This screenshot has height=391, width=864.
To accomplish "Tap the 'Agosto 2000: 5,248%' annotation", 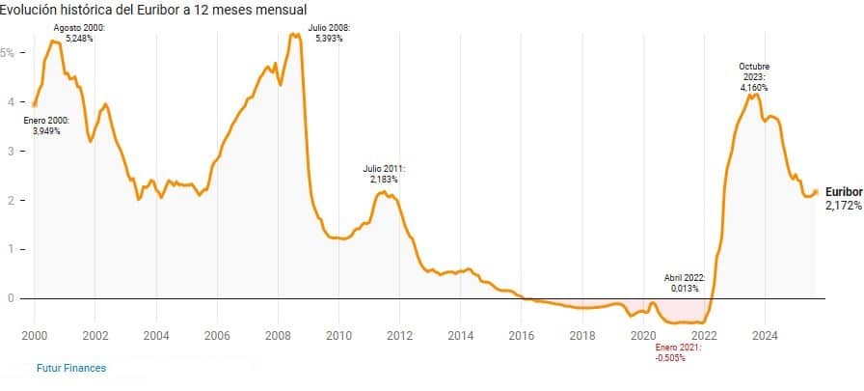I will click(79, 34).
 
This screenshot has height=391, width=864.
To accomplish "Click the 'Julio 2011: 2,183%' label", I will click(383, 174).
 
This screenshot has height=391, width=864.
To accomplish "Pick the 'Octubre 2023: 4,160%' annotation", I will click(754, 76).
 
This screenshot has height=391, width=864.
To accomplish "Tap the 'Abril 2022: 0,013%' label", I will click(685, 282).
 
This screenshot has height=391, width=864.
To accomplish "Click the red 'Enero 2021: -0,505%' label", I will click(679, 351).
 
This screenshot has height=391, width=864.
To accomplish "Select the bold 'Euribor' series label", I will click(844, 192).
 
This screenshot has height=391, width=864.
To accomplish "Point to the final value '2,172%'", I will click(843, 206).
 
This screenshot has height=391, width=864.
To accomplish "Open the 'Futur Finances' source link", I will click(71, 368).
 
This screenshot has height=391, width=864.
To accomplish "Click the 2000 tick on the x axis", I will click(35, 335).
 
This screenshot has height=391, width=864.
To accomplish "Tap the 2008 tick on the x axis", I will click(278, 335).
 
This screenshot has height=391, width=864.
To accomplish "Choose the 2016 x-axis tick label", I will click(522, 335).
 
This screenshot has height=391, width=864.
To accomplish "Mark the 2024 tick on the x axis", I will click(766, 335).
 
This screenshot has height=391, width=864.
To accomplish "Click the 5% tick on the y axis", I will click(8, 52).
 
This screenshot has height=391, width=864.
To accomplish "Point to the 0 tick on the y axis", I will click(11, 298).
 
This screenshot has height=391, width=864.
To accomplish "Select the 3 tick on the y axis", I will click(11, 151).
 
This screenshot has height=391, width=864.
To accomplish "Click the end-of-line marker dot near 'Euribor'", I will click(816, 192).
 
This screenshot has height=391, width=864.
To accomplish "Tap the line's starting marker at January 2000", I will click(35, 104).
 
